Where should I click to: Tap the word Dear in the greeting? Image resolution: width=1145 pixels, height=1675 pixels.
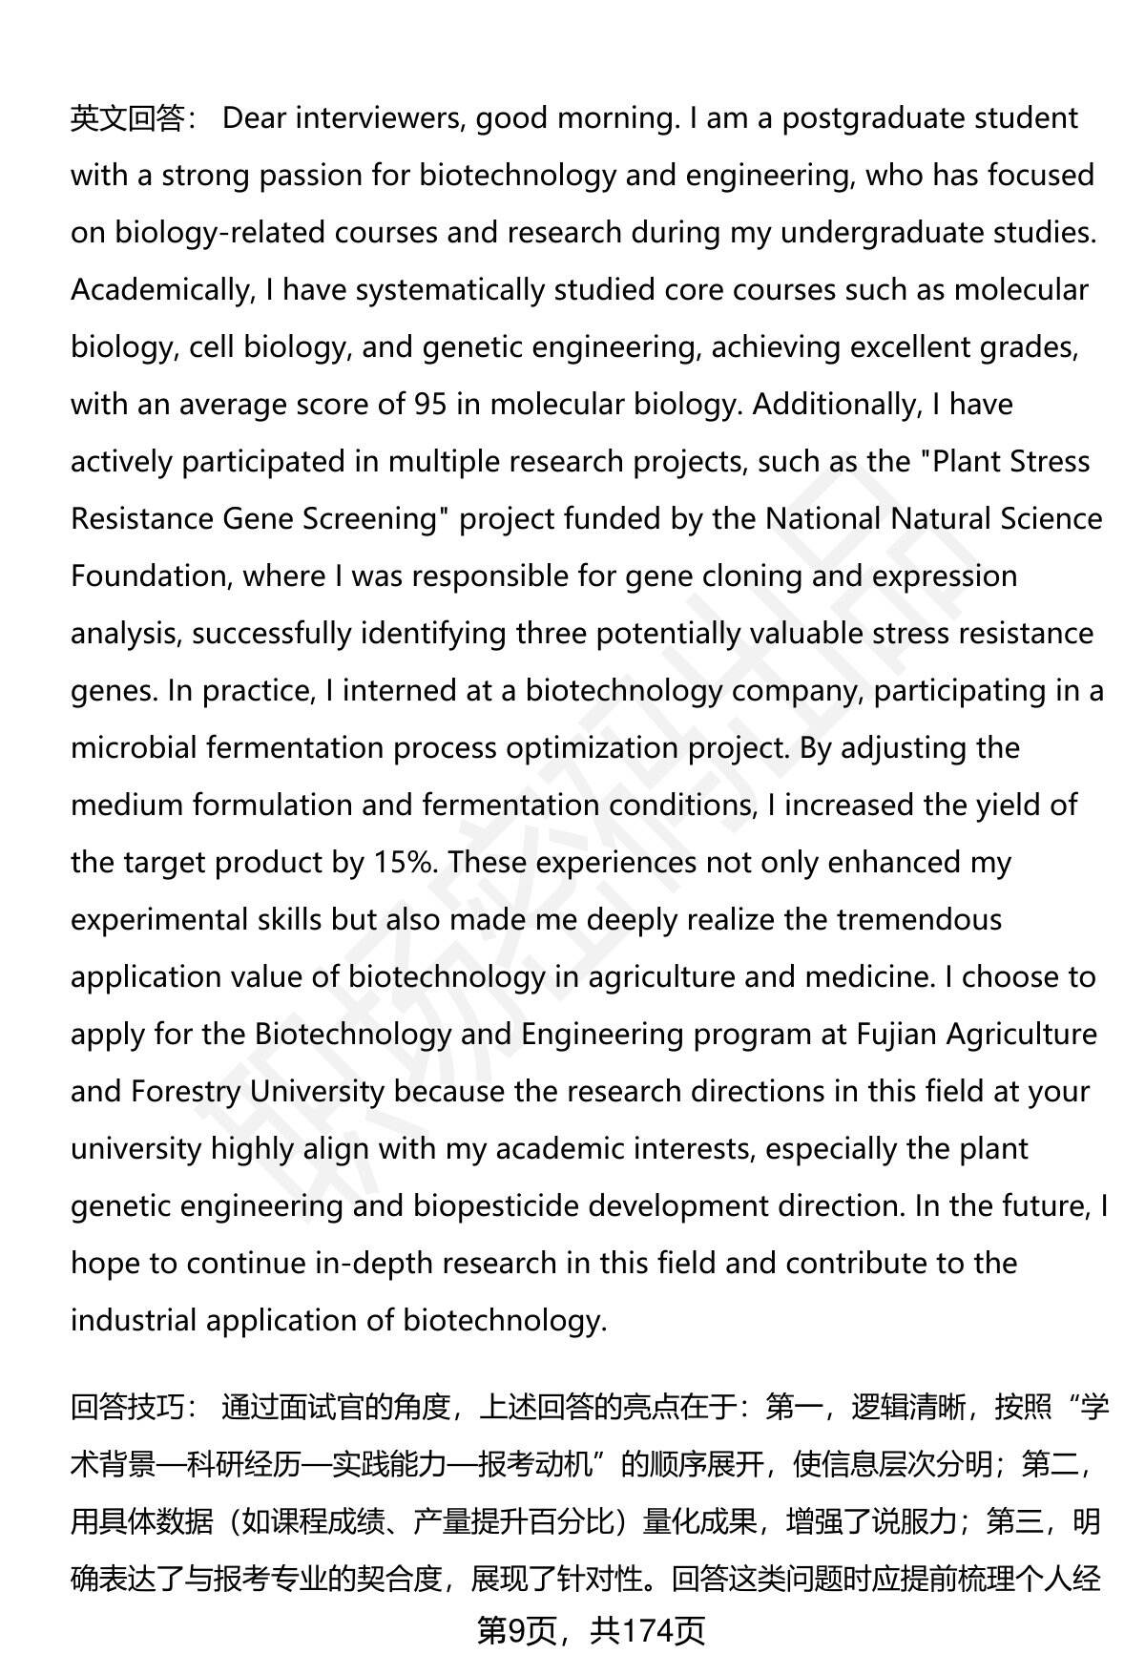pos(254,118)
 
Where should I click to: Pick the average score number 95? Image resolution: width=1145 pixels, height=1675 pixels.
pos(429,405)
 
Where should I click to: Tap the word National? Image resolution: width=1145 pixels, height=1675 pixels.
pos(823,519)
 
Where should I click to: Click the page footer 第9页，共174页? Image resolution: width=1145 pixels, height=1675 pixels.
pos(591,1631)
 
